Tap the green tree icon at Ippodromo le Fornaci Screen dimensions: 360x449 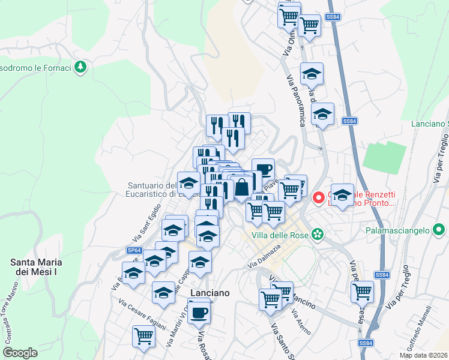[x=80, y=67]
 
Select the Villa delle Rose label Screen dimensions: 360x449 [x=277, y=234]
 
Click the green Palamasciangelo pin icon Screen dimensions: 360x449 [x=439, y=229]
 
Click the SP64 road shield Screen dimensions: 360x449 [x=134, y=250]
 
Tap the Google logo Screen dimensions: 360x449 [x=20, y=353]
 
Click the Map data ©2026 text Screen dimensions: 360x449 [x=423, y=355]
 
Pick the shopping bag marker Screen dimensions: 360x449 [x=241, y=187]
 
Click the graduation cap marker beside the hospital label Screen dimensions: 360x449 [x=342, y=195]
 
